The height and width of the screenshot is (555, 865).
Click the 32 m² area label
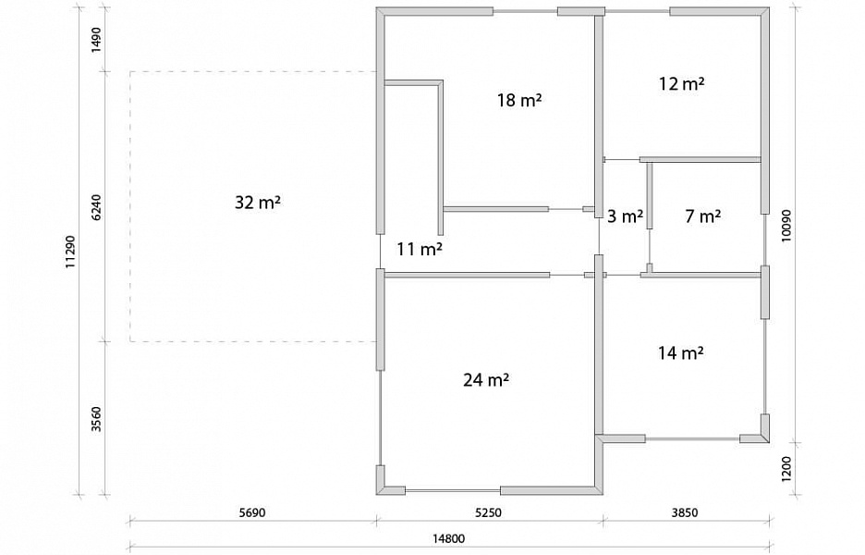258,203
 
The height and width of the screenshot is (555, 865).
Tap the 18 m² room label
519,101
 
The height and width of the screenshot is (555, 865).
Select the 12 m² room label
682,83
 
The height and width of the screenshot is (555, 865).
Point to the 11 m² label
420,250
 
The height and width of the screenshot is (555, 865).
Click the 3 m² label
625,216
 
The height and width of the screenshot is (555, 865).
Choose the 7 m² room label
702,216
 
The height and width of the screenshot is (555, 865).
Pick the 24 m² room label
486,380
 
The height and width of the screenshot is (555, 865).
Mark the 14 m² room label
681,352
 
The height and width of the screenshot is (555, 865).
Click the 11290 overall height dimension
70,252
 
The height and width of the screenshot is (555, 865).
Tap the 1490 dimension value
96,40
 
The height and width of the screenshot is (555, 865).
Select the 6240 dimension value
96,207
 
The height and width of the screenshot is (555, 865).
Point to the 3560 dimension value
96,419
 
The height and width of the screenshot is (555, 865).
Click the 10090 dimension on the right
786,225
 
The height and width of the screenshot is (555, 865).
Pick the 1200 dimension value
786,469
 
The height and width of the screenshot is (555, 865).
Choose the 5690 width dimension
252,512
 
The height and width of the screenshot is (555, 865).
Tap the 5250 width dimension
489,512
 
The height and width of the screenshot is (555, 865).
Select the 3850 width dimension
685,512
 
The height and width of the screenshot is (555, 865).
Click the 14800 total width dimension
448,538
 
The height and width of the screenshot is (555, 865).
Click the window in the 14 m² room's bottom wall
692,439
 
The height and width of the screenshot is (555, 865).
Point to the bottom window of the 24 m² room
453,490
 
